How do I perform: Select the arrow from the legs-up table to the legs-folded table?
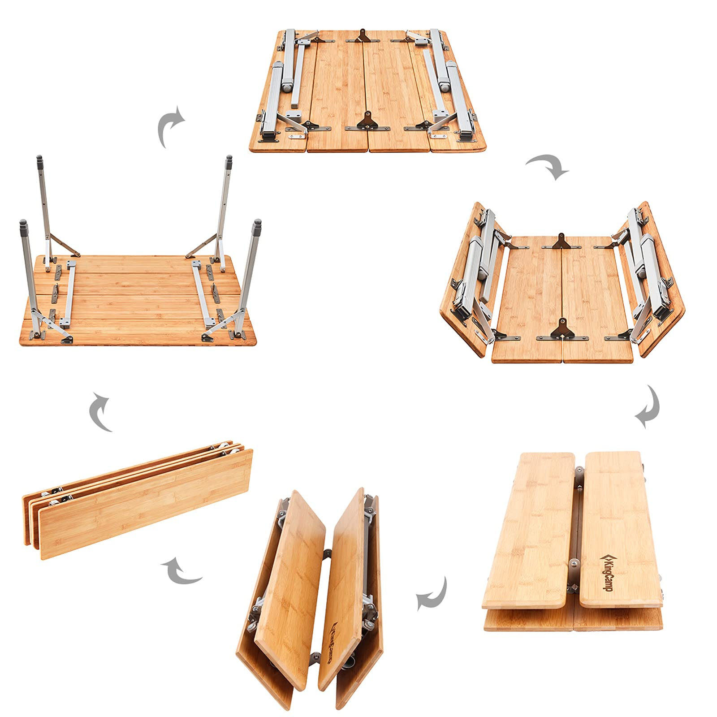tap(170, 126)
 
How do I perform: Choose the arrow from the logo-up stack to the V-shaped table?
tap(432, 594)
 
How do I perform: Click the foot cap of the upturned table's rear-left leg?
tap(39, 160)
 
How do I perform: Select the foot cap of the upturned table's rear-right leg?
tap(229, 160)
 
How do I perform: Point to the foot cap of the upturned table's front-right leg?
tap(257, 225)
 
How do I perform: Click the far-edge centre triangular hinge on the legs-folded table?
tap(362, 36)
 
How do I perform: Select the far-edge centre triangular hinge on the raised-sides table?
tap(561, 242)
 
